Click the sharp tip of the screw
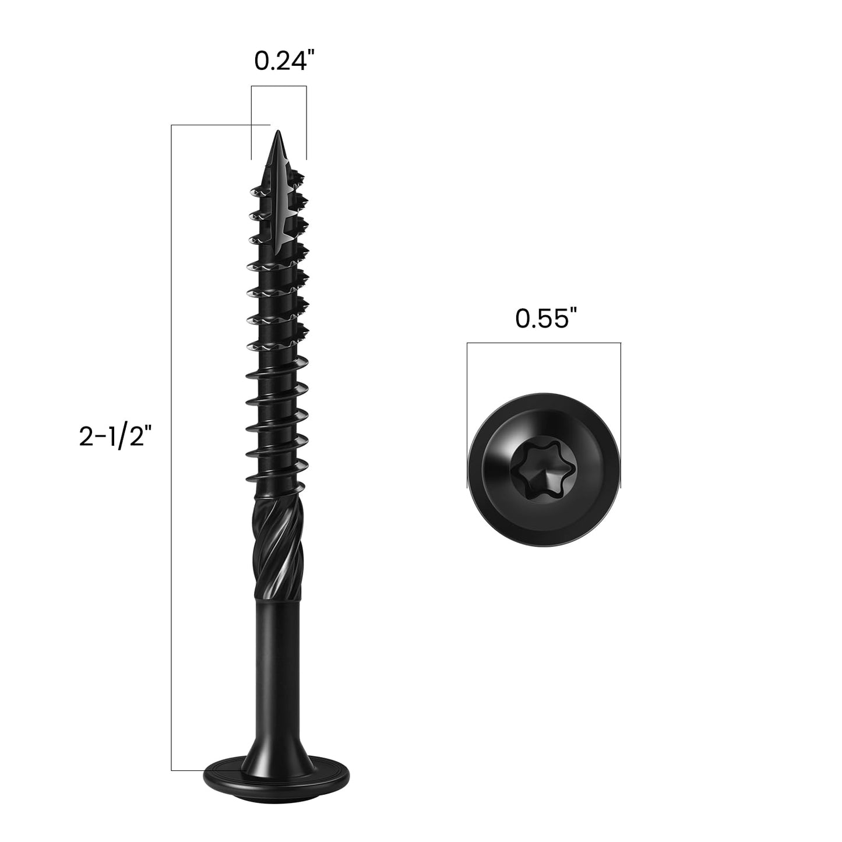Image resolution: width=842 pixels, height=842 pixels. point(278,135)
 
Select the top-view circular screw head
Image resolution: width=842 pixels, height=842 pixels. point(543,473)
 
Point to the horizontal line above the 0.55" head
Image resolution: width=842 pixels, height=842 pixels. point(543,343)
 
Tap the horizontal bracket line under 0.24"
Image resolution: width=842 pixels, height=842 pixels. point(279,87)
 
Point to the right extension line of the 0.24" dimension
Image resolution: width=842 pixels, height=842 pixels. point(306,122)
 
